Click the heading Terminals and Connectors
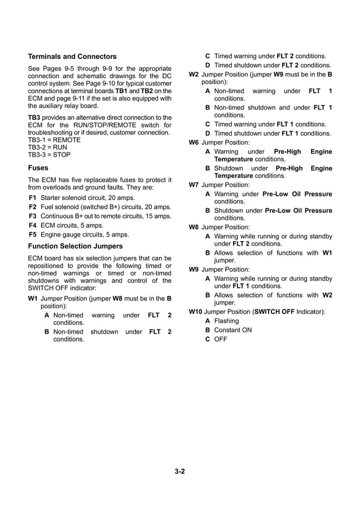pos(72,56)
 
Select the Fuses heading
pos(38,168)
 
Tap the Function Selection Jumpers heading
pos(75,246)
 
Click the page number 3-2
pos(179,471)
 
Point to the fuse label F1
pos(33,198)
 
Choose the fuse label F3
pos(33,216)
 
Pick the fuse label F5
pos(33,234)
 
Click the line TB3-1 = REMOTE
pos(54,140)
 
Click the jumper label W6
pos(194,142)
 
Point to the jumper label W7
pos(194,185)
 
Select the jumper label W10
pos(195,311)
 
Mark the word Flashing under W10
pos(226,321)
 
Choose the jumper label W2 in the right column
pos(194,74)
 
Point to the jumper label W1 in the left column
pos(33,298)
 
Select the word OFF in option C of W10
pos(221,339)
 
